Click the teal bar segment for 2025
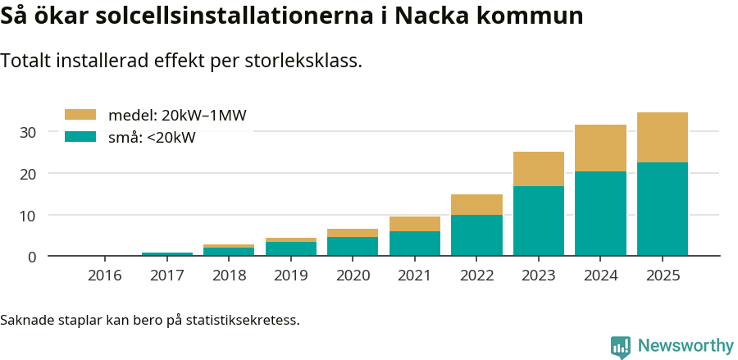tap(662, 209)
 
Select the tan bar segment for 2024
tap(600, 148)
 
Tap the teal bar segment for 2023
tap(539, 221)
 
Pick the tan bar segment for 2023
tap(539, 169)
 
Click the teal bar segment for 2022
tap(476, 235)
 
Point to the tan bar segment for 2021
tap(414, 224)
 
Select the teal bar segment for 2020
tap(353, 246)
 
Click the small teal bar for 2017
tap(167, 254)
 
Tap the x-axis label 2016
tap(105, 276)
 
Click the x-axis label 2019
tap(291, 276)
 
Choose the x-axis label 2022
tap(476, 276)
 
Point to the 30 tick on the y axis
tap(28, 132)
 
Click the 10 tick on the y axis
tap(28, 216)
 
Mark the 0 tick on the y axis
tap(32, 257)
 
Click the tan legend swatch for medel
tap(80, 115)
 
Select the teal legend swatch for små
tap(80, 137)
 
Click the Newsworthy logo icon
tap(621, 347)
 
